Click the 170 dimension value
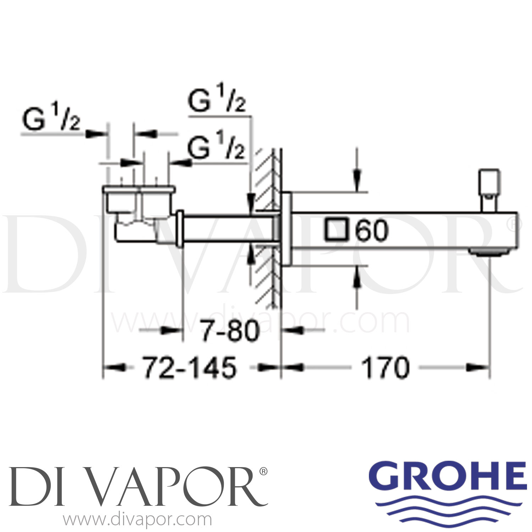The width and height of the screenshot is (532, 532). pyautogui.click(x=385, y=368)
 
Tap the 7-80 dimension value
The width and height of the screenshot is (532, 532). pyautogui.click(x=230, y=331)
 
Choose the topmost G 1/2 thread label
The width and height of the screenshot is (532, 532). pyautogui.click(x=216, y=101)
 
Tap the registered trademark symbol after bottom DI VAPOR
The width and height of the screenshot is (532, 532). pyautogui.click(x=264, y=471)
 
